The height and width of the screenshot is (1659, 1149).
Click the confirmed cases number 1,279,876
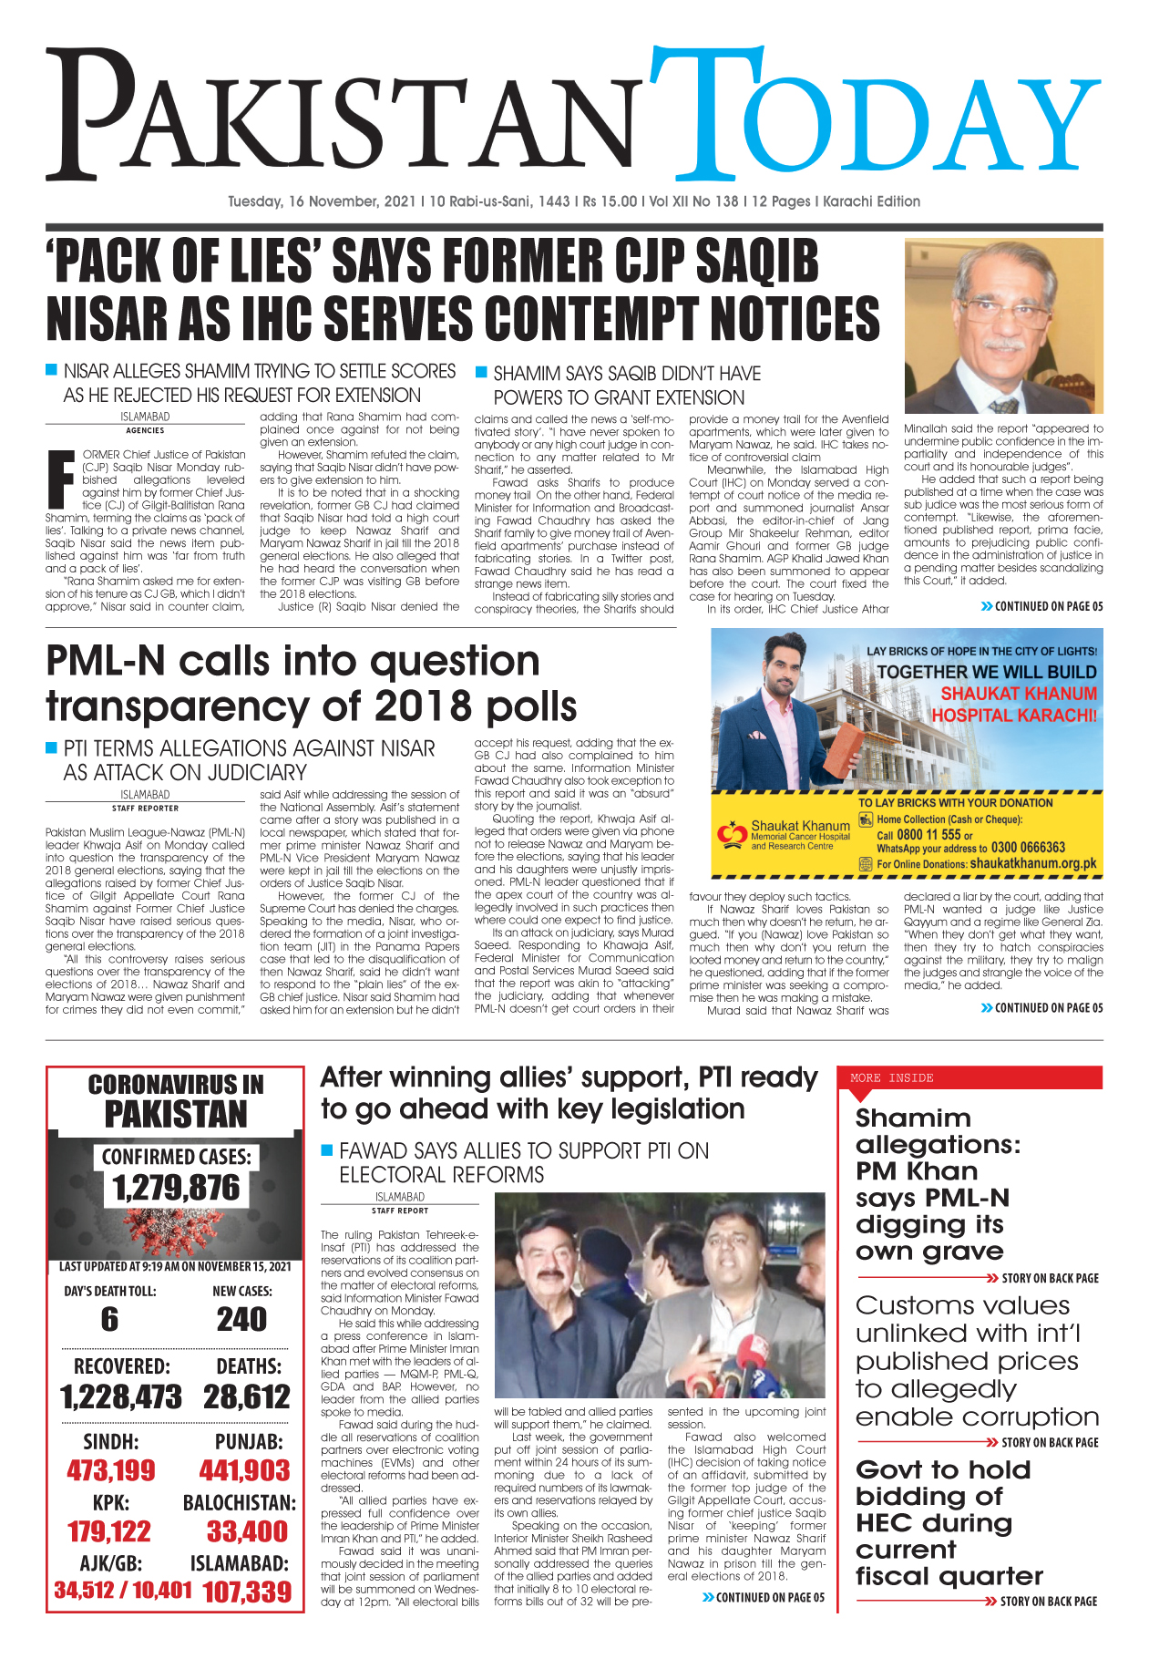pyautogui.click(x=176, y=1188)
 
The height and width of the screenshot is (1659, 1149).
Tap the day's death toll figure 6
pyautogui.click(x=109, y=1319)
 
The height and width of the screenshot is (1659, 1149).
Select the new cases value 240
pyautogui.click(x=241, y=1319)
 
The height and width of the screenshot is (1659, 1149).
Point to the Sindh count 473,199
pyautogui.click(x=111, y=1470)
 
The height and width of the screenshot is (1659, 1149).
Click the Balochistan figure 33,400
pyautogui.click(x=247, y=1531)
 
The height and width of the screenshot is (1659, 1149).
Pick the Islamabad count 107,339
pyautogui.click(x=247, y=1592)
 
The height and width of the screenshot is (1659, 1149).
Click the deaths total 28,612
pyautogui.click(x=247, y=1396)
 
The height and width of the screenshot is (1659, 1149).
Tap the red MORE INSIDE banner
pyautogui.click(x=969, y=1077)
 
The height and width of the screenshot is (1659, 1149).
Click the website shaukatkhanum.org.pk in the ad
pyautogui.click(x=1032, y=863)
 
